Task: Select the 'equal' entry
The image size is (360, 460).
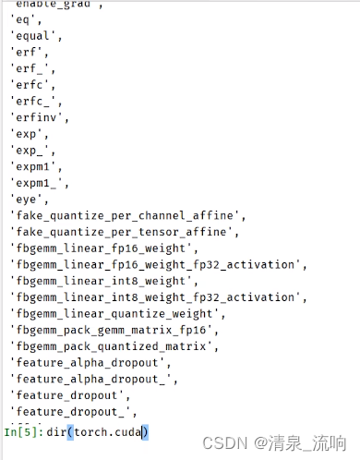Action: pos(32,36)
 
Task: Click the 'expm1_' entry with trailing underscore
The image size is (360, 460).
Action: pos(35,183)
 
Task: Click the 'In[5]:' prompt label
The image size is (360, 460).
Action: pos(22,431)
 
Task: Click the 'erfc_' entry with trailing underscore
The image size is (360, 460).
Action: pos(32,102)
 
